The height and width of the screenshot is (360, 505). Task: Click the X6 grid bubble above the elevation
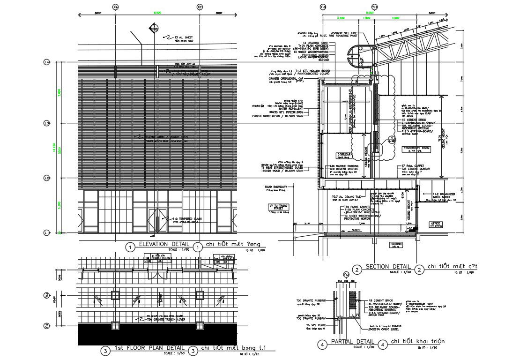tap(116, 7)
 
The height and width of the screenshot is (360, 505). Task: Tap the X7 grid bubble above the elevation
tap(200, 7)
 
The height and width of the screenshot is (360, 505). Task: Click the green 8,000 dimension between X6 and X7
tap(158, 13)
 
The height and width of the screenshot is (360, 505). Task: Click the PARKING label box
tap(396, 244)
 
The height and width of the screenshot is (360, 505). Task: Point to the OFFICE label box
tap(437, 224)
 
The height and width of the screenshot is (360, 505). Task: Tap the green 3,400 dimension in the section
tap(341, 17)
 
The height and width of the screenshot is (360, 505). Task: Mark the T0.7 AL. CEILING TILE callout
tap(346, 196)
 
